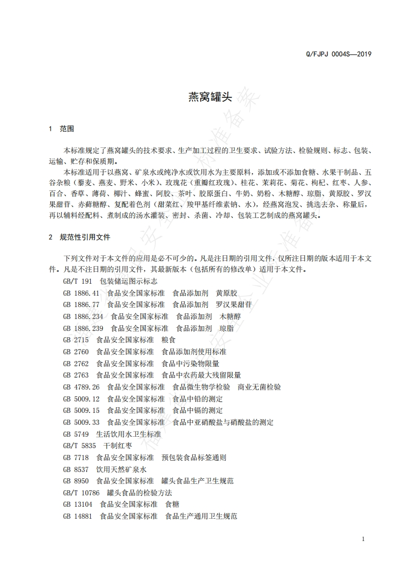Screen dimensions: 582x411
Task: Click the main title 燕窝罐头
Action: tap(206, 96)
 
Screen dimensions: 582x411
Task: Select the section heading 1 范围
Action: tap(61, 129)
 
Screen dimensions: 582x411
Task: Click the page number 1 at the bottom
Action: tap(363, 539)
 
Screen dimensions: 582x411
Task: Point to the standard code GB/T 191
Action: tap(77, 281)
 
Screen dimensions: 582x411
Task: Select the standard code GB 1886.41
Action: tap(81, 293)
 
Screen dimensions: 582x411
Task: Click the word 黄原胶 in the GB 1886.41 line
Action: tap(226, 293)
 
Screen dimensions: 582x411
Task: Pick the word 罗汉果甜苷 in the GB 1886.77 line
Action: tap(234, 304)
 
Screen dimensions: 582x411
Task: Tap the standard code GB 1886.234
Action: tap(83, 316)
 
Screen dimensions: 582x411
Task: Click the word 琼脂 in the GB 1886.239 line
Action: tap(226, 328)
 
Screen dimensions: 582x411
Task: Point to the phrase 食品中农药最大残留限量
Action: tap(201, 375)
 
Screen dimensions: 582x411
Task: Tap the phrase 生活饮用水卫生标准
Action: tap(129, 434)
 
